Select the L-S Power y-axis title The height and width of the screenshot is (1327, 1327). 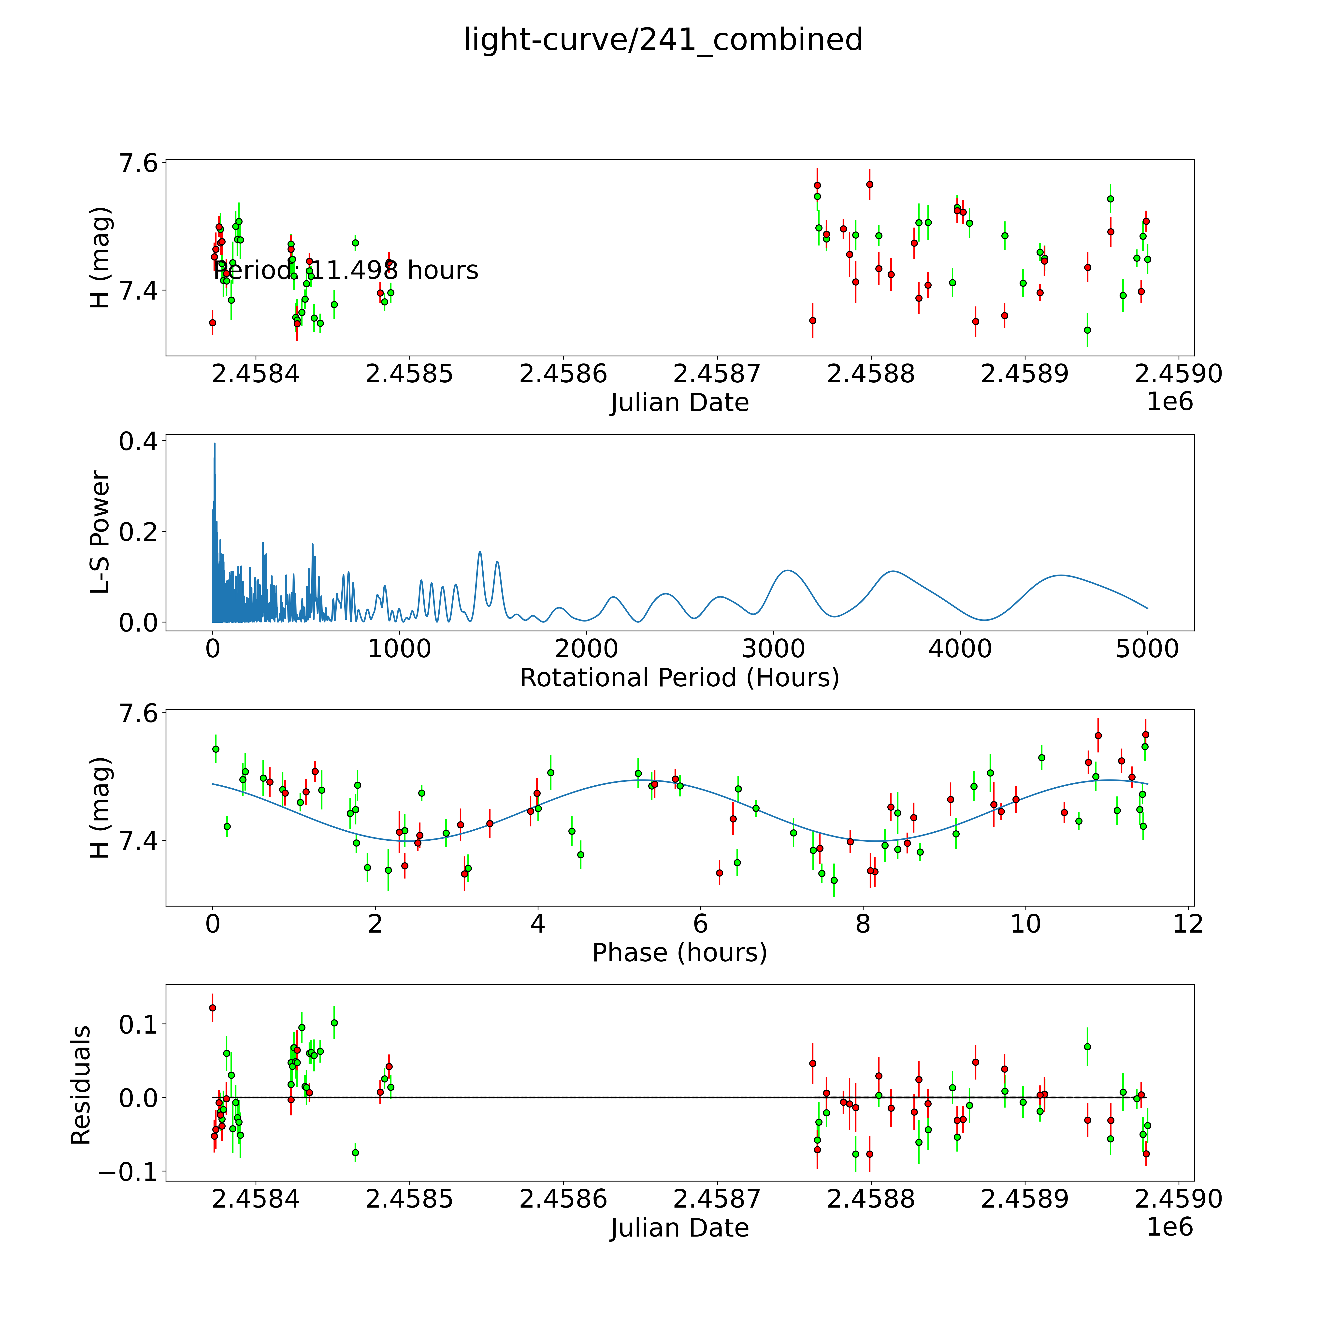[100, 532]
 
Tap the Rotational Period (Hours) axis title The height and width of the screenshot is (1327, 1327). [679, 678]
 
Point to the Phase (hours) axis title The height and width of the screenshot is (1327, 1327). [679, 953]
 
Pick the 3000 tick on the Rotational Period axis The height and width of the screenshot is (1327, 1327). [773, 649]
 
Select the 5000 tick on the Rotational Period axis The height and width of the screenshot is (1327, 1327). [1147, 649]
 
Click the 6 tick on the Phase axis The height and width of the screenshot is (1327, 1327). [700, 924]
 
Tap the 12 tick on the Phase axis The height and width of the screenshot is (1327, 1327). [1188, 924]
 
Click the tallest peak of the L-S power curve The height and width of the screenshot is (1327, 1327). [214, 444]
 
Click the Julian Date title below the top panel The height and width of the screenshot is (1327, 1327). [679, 403]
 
